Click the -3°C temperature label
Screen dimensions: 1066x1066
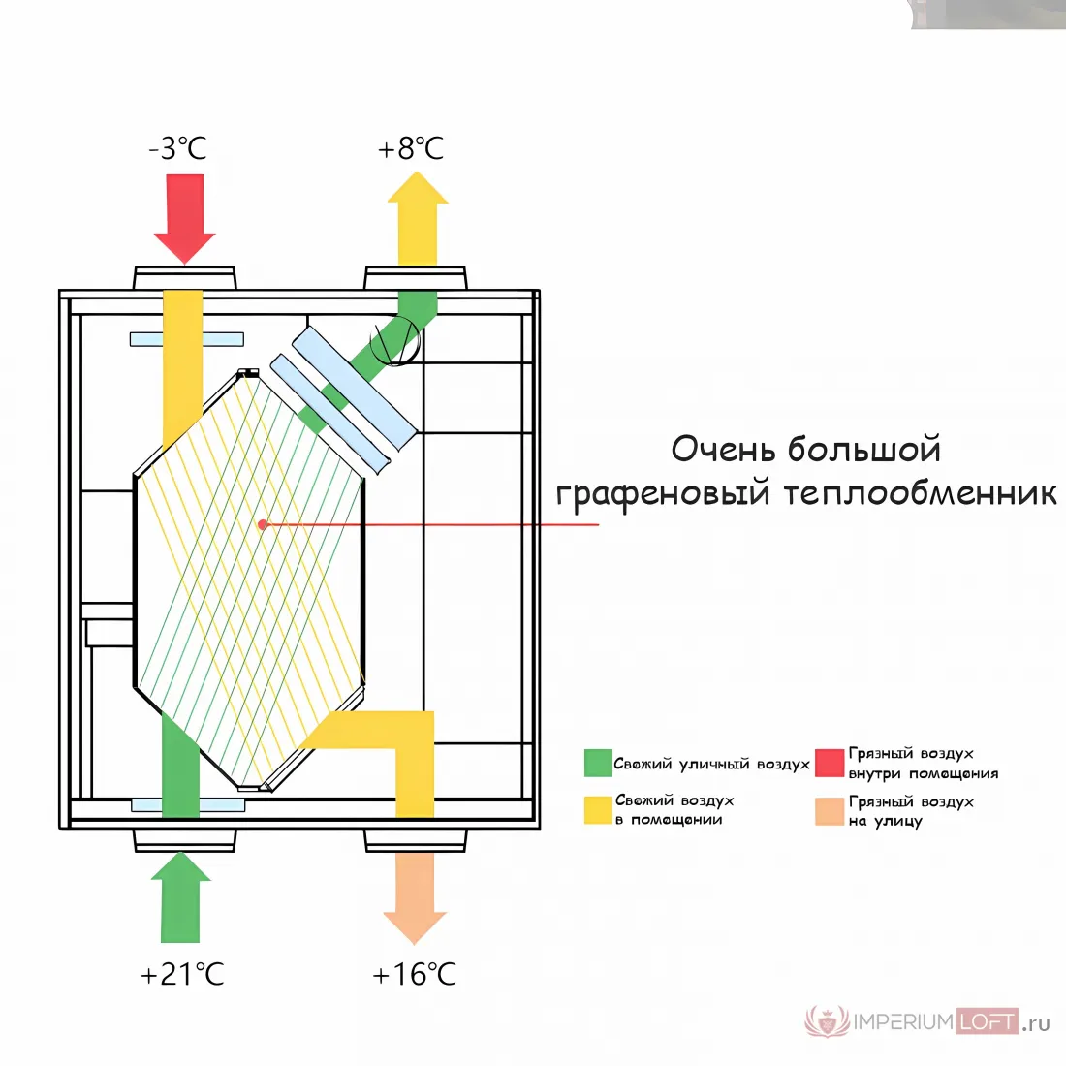177,148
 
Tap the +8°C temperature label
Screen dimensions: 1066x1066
411,148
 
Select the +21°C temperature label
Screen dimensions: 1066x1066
182,974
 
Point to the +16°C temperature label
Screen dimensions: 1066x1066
414,974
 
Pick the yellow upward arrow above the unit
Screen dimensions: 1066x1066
418,218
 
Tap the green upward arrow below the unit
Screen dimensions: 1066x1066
181,896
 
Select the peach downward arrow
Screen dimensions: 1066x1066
415,898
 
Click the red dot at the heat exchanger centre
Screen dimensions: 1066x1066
263,524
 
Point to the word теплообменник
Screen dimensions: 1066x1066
920,493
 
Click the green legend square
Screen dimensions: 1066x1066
598,763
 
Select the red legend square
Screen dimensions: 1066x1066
830,763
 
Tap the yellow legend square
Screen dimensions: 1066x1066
598,810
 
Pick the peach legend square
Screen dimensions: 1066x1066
830,811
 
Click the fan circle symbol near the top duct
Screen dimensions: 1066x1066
395,340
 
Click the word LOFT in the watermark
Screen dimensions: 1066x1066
988,1021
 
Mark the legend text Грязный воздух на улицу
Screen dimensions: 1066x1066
911,811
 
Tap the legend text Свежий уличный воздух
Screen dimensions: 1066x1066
712,765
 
